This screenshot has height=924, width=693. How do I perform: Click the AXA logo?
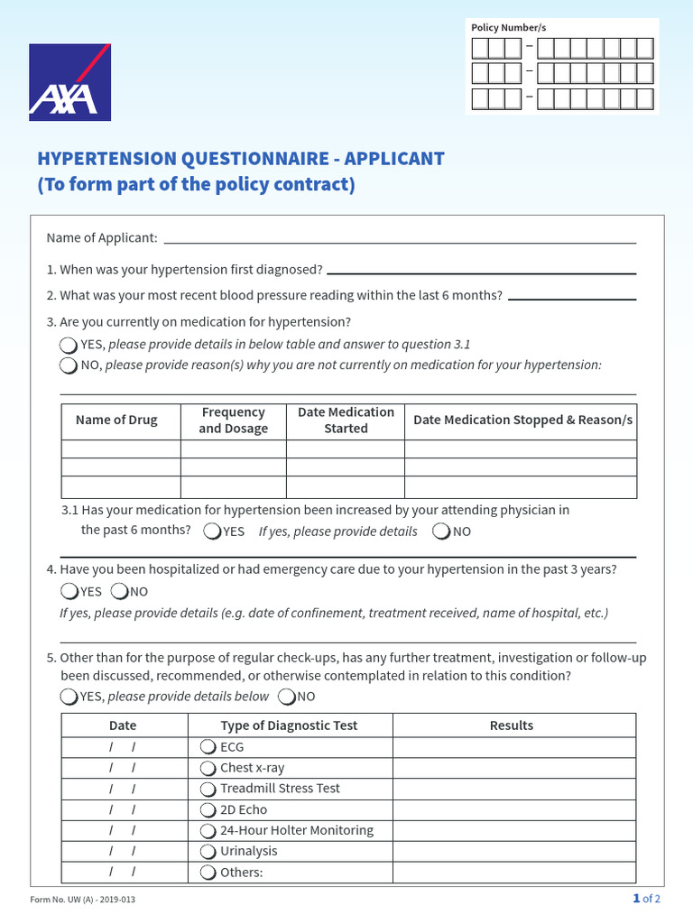click(x=69, y=82)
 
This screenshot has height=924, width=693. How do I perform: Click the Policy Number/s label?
click(x=508, y=28)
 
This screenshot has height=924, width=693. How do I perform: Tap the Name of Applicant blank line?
click(x=400, y=238)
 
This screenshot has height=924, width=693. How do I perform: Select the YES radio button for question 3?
click(x=69, y=345)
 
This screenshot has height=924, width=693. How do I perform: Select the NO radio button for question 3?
click(x=69, y=365)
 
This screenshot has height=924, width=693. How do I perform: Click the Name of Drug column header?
click(x=116, y=420)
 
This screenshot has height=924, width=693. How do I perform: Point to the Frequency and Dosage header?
click(x=233, y=420)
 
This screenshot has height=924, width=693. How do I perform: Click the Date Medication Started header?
click(x=346, y=420)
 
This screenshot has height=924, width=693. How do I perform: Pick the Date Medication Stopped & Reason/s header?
click(x=522, y=420)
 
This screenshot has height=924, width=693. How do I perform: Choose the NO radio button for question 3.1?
click(x=441, y=531)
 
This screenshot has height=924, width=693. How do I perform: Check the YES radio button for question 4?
click(x=69, y=592)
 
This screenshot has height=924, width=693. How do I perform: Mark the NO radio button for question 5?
click(x=287, y=697)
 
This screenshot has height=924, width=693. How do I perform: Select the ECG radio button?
click(x=208, y=747)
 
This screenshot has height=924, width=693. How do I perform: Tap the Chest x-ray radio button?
click(x=208, y=768)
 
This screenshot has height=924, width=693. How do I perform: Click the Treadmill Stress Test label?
click(x=280, y=789)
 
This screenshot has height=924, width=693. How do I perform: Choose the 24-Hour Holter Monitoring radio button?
click(x=208, y=831)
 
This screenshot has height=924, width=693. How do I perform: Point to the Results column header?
click(x=511, y=725)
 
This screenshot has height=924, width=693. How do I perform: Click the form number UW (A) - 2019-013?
click(x=83, y=900)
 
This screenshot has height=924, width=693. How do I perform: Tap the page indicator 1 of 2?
click(x=646, y=899)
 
